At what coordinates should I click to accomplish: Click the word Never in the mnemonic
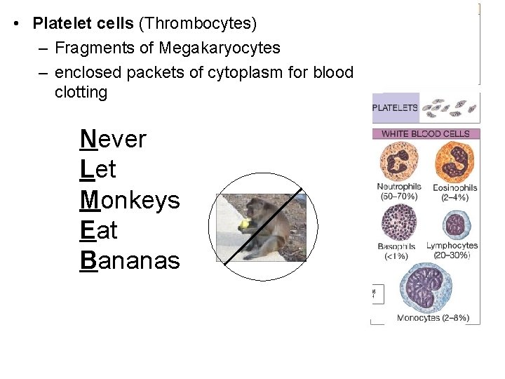tap(113, 139)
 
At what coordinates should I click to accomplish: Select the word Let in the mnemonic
tap(98, 169)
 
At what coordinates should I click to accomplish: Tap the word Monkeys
tap(130, 200)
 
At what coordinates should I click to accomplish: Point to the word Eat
tap(99, 230)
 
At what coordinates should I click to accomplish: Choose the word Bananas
tap(130, 260)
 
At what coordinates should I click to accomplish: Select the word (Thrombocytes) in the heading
tap(198, 23)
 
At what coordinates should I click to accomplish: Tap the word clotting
tap(81, 92)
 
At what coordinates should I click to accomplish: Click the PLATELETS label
tap(395, 108)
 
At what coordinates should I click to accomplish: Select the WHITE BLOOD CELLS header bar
tap(425, 133)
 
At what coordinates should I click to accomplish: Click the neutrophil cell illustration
tap(397, 161)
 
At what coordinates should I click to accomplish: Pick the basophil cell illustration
tap(397, 222)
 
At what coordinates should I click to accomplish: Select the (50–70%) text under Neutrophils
tap(397, 197)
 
